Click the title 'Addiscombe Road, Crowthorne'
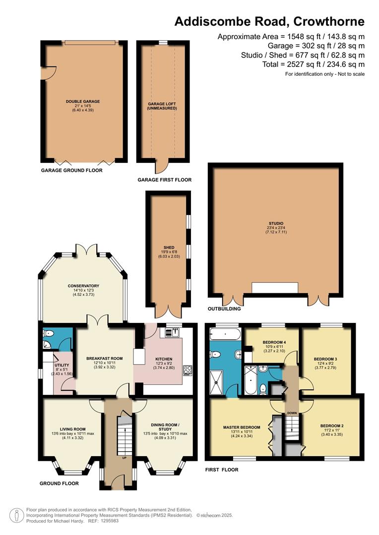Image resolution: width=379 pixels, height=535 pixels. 269,21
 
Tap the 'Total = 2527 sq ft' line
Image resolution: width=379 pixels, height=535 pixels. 314,64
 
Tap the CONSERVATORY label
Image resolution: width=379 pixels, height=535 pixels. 83,286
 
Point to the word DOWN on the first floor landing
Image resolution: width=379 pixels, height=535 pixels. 292,413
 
